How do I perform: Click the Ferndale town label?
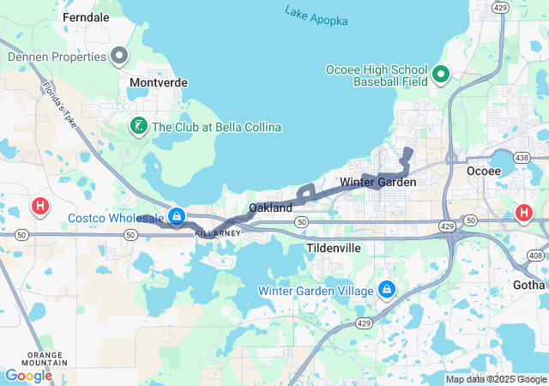tap(86, 16)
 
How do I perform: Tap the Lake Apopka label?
tap(315, 15)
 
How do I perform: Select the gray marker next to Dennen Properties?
tap(120, 57)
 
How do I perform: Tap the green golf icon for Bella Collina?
tap(137, 127)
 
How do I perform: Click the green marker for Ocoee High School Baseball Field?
tap(441, 75)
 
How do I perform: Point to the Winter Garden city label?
tap(377, 182)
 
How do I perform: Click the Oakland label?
tap(270, 208)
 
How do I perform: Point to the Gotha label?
tap(528, 284)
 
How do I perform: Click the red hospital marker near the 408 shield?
tap(524, 213)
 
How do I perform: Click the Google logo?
tap(29, 376)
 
